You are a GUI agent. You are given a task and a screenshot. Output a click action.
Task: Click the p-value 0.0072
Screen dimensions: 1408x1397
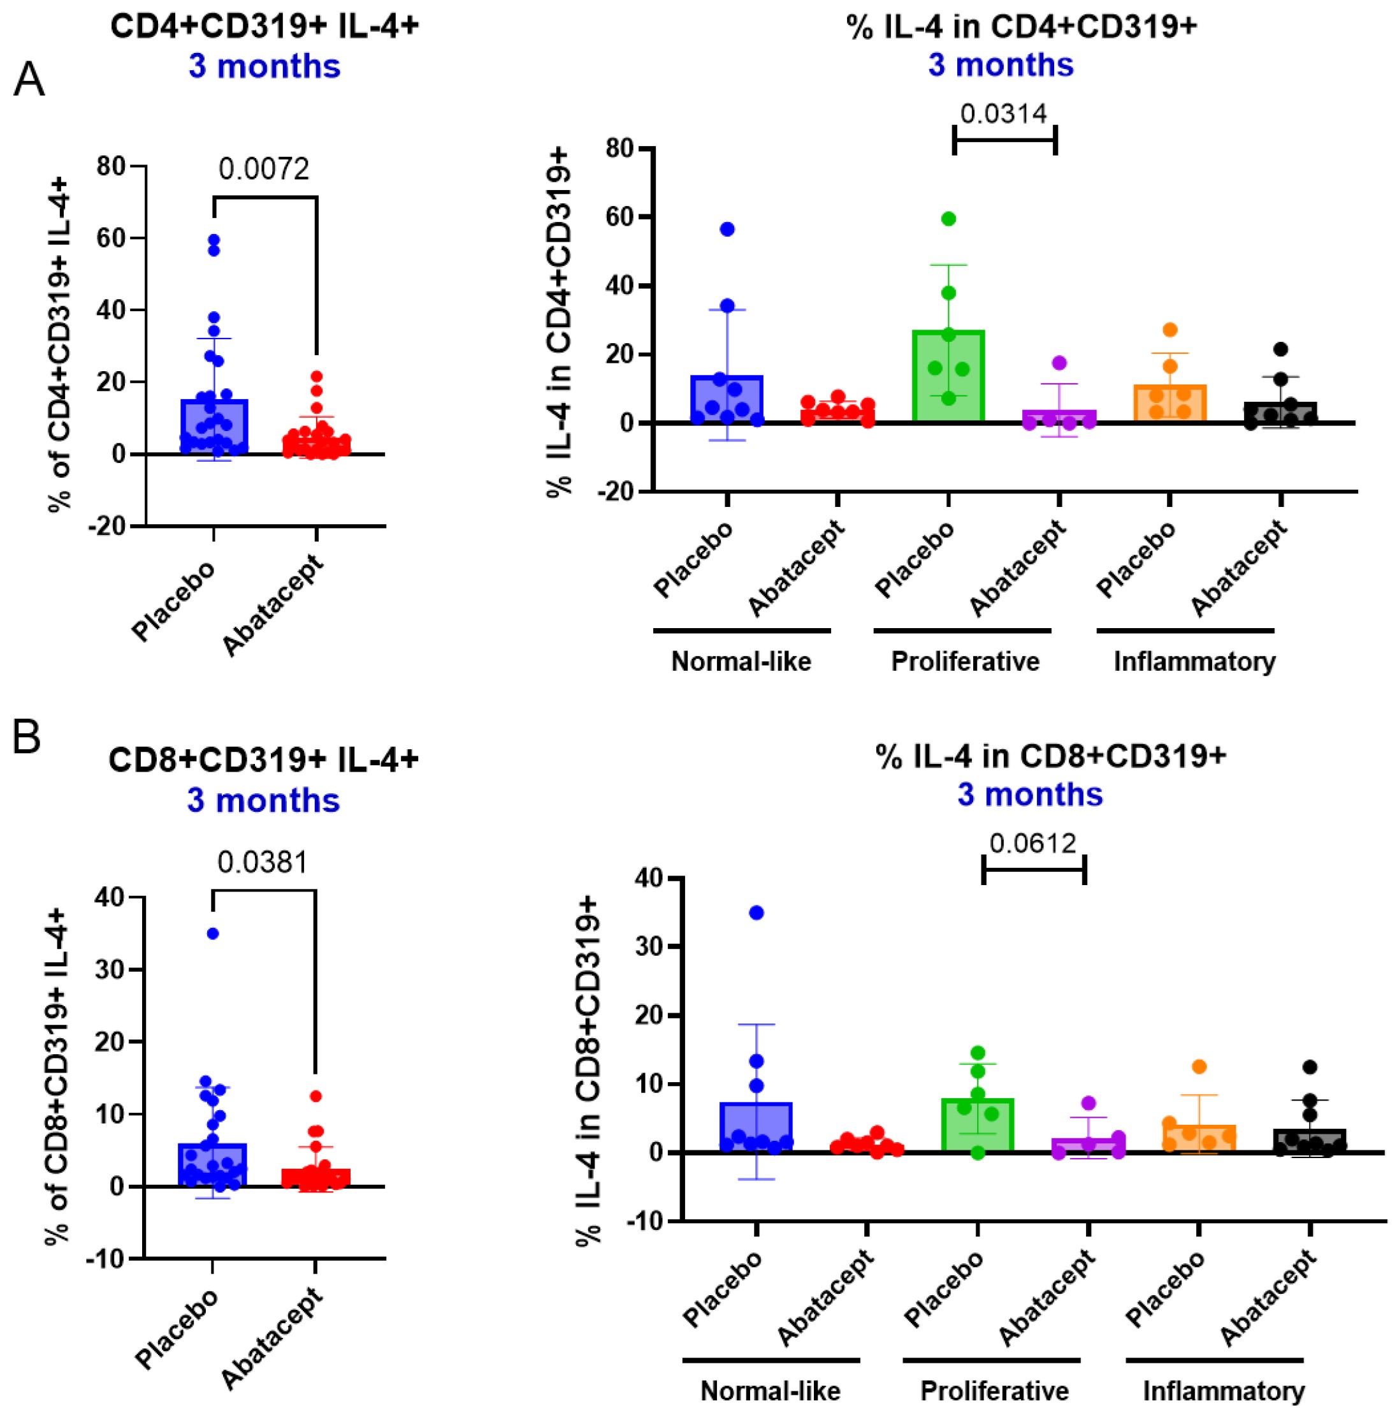[264, 169]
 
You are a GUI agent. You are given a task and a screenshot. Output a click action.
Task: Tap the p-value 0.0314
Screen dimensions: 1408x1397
[1003, 114]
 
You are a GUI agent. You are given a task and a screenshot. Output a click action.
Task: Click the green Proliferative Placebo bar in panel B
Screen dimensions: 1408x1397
[978, 1126]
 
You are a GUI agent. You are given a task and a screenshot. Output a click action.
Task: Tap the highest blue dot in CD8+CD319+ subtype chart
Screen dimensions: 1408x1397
[756, 913]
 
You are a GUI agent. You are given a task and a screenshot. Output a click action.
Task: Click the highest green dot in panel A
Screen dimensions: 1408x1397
[948, 219]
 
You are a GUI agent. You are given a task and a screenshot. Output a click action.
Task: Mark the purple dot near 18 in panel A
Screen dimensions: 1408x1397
[1059, 363]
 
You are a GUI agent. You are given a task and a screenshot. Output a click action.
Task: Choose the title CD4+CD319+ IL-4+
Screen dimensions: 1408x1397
[264, 26]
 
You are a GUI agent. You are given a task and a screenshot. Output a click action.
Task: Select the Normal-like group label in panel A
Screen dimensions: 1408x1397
[741, 662]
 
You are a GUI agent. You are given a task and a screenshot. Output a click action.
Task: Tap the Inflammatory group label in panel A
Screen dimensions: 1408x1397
[1194, 662]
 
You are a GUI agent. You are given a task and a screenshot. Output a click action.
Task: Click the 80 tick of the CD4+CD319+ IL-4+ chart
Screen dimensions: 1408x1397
[112, 166]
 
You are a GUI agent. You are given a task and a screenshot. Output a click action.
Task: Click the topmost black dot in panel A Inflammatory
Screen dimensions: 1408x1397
[1280, 349]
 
